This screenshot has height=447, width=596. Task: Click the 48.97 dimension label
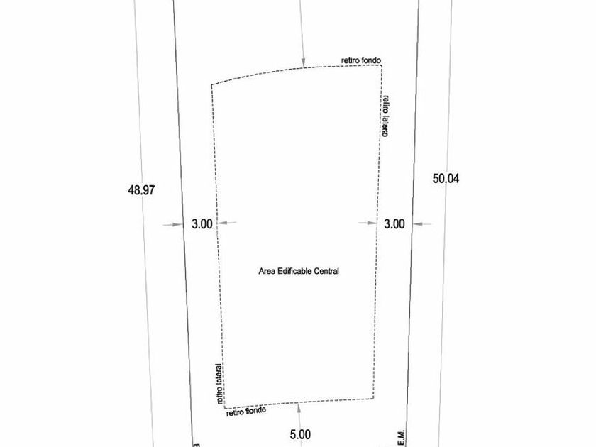pyautogui.click(x=141, y=190)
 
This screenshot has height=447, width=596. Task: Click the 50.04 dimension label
pyautogui.click(x=446, y=179)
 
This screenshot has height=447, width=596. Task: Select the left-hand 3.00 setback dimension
pyautogui.click(x=202, y=223)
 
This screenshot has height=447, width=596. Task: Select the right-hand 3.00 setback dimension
pyautogui.click(x=394, y=223)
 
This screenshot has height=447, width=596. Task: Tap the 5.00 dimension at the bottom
pyautogui.click(x=300, y=434)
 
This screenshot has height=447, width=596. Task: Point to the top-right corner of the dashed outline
pyautogui.click(x=381, y=65)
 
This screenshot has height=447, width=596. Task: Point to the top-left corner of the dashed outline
pyautogui.click(x=211, y=85)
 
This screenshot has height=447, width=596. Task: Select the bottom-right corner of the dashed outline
pyautogui.click(x=373, y=399)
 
